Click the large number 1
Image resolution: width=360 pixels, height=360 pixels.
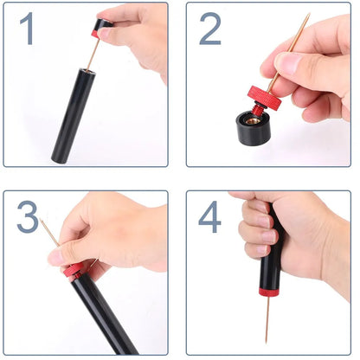29,29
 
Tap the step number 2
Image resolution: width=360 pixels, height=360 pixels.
210,29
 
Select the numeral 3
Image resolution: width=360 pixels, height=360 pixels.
29,217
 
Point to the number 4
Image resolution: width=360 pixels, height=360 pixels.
209,217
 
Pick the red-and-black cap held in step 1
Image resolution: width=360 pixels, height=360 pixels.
102,29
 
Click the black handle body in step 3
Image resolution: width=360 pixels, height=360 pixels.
104,312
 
